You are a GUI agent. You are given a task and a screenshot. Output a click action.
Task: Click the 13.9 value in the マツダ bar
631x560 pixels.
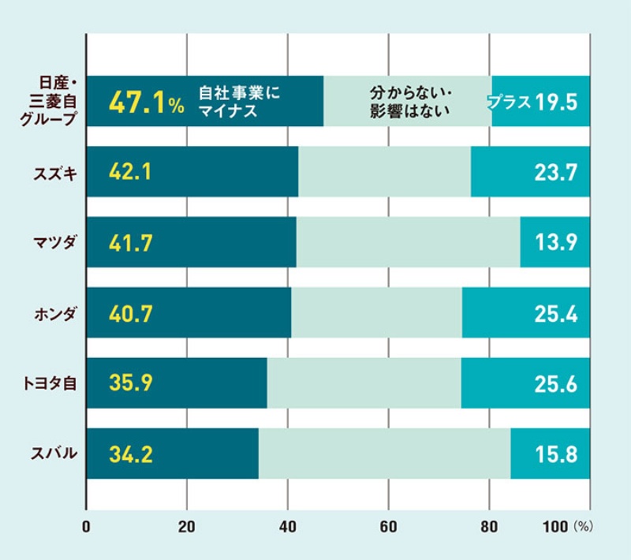(x=556, y=244)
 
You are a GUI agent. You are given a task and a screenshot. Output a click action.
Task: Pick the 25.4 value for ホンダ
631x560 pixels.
(x=556, y=314)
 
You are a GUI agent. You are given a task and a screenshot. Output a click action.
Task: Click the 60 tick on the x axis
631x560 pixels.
(x=388, y=526)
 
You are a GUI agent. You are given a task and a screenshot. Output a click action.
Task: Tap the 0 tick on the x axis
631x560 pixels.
(x=86, y=526)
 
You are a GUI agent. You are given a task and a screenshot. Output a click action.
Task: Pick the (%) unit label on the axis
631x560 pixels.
(x=584, y=526)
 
